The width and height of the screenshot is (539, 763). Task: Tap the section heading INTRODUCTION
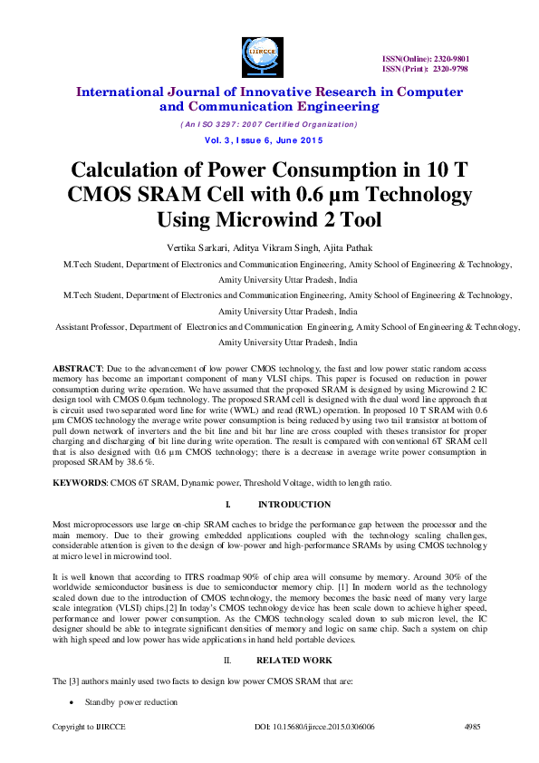[x=294, y=504]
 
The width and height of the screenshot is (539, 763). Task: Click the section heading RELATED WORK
[x=294, y=661]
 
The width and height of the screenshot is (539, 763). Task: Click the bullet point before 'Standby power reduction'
[x=72, y=702]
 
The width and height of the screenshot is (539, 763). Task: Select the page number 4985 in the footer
[x=472, y=726]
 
